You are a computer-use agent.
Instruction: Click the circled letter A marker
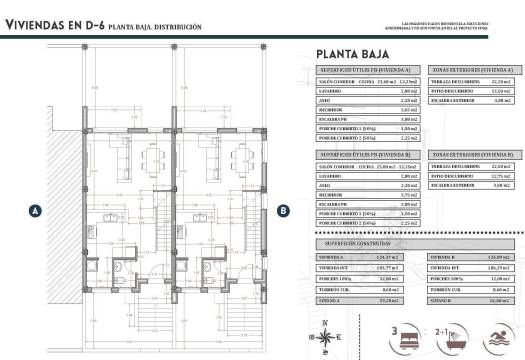(x=35, y=211)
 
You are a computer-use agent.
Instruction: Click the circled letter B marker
(x=283, y=211)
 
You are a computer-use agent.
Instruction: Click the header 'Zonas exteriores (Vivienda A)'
(x=470, y=71)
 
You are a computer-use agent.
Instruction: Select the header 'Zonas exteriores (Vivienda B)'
(x=470, y=155)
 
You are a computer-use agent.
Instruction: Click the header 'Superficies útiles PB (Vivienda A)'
(x=366, y=71)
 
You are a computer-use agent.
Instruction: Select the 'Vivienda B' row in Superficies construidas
(x=441, y=257)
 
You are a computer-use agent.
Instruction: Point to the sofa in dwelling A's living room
(x=117, y=157)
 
